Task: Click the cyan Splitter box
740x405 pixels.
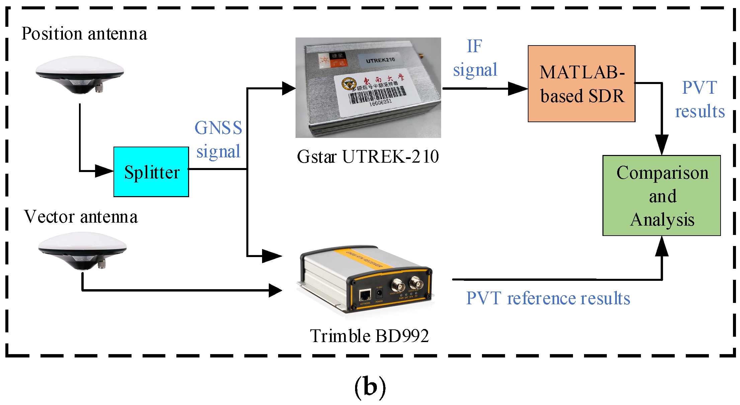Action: pos(151,172)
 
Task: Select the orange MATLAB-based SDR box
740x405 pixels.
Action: pos(581,84)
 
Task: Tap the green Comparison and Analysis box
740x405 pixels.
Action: pos(661,195)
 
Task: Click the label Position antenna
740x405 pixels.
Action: pos(84,34)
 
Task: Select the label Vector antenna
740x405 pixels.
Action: pos(81,217)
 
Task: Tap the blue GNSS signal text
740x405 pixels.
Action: pos(218,140)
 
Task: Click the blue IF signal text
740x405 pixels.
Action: pos(475,58)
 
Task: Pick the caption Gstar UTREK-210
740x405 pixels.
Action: pos(367,157)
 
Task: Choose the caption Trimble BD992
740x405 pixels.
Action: pos(369,336)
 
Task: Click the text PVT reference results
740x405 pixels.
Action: pos(548,298)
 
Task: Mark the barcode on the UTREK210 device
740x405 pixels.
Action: pos(378,95)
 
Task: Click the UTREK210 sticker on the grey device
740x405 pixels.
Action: pos(380,60)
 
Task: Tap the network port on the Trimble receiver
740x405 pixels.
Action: pos(365,295)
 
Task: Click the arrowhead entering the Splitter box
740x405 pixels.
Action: pos(104,171)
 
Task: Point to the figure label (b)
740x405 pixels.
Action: pos(370,387)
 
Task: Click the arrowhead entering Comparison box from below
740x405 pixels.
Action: pos(662,246)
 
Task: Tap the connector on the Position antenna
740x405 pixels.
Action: pos(99,88)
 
